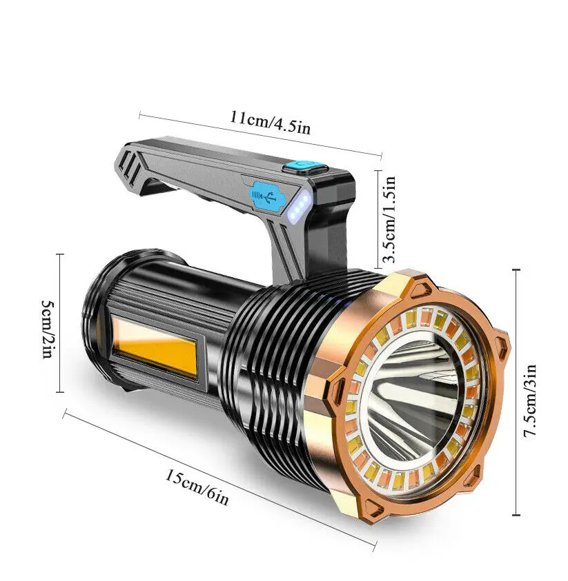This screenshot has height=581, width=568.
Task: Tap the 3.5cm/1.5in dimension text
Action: (390, 220)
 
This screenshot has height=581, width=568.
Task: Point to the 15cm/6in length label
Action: (196, 487)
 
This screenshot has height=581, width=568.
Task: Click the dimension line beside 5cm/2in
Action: (61, 323)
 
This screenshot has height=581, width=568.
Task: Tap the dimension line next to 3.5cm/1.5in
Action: (377, 218)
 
